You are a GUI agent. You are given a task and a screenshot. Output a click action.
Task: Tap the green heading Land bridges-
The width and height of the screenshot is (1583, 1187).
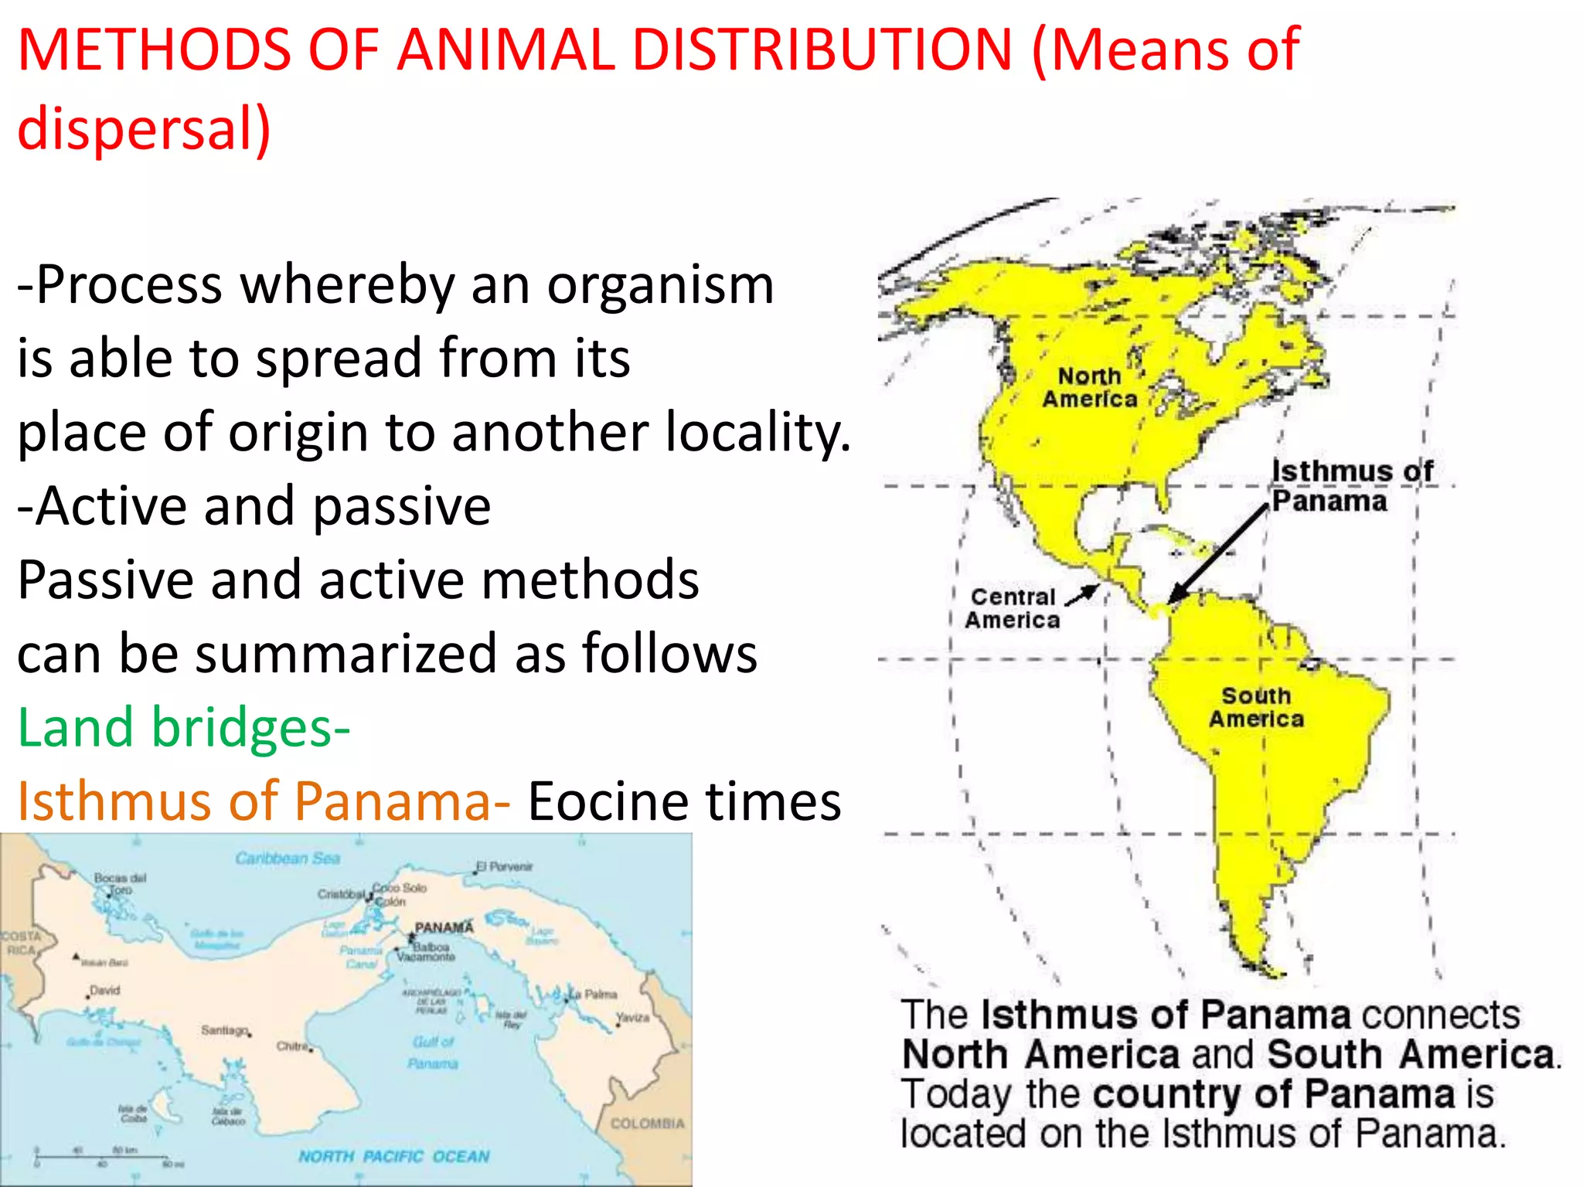click(184, 727)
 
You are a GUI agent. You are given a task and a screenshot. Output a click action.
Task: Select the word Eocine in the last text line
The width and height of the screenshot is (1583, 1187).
click(601, 801)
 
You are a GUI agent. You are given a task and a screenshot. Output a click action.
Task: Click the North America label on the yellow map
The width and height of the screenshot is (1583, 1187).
click(1090, 387)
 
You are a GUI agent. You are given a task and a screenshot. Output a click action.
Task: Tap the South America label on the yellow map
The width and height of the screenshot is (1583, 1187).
click(1256, 707)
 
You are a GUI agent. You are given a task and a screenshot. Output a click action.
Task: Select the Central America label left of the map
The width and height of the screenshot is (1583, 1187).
click(1013, 608)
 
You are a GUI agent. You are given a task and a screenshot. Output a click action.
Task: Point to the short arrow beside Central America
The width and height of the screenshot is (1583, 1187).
click(1081, 595)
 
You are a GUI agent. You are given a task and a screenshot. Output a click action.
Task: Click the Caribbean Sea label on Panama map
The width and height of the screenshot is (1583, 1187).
click(288, 858)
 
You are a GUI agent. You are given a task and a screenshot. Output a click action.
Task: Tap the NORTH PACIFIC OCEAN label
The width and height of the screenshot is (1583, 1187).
click(394, 1156)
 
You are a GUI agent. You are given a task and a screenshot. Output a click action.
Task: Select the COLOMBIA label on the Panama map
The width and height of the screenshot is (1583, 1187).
click(648, 1123)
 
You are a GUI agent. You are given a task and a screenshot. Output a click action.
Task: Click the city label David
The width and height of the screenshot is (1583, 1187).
click(105, 990)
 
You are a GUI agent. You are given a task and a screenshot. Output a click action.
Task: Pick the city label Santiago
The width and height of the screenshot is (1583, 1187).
click(224, 1030)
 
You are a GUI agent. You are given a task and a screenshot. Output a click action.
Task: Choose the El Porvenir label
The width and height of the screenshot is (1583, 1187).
click(505, 866)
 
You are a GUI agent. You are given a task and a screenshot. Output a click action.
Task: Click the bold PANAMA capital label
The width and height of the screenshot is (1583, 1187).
click(444, 927)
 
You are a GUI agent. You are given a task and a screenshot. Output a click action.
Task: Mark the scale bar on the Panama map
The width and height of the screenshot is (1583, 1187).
click(108, 1157)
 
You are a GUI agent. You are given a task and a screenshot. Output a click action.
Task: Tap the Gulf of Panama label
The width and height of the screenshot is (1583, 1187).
click(433, 1053)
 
